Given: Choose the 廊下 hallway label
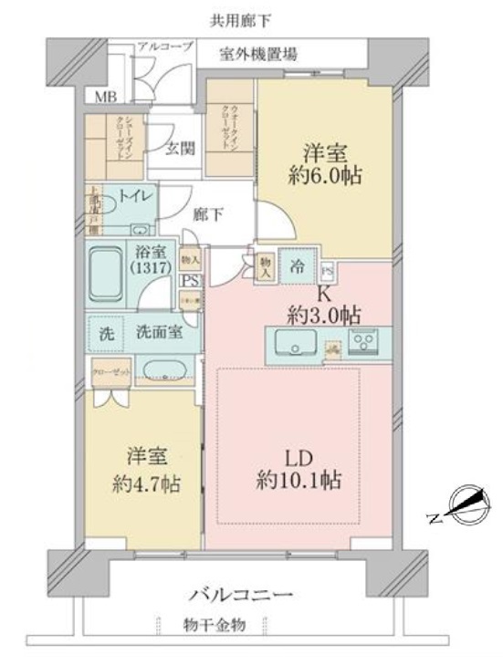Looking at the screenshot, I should tap(211, 214).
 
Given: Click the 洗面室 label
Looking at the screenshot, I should tap(158, 333).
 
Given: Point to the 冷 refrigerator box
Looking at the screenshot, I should tap(298, 268).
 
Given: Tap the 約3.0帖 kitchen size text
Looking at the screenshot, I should tap(324, 316).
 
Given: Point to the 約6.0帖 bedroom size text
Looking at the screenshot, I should tap(327, 177).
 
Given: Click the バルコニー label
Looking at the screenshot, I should tap(241, 595).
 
